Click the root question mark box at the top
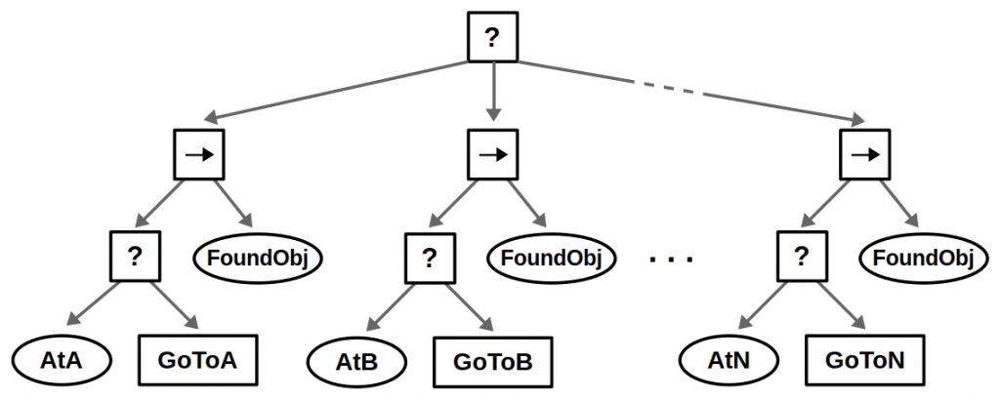pos(492,38)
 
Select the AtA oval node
pos(62,360)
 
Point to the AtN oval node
pos(729,360)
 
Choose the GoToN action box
pos(865,360)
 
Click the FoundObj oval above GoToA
pos(258,259)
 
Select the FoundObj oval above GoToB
pos(551,259)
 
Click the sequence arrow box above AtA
pos(199,155)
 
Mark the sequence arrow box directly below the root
pos(493,155)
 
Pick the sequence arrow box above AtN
pos(865,155)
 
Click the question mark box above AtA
pos(136,258)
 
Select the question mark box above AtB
pos(429,258)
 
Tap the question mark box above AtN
pos(802,258)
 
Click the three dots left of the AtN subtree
pos(671,260)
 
